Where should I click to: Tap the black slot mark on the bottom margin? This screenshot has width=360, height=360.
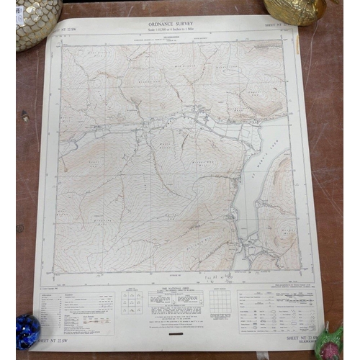pos(174,333)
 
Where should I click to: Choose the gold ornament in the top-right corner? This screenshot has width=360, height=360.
pos(295,10)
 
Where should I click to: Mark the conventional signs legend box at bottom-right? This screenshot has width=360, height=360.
pos(277,306)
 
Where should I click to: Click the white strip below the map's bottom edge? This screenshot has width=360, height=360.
pos(173,280)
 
